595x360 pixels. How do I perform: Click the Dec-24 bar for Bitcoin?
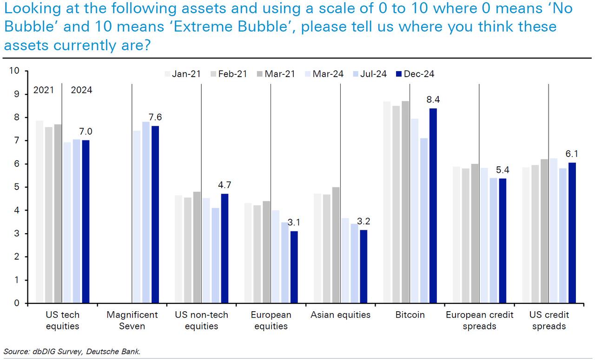coord(433,206)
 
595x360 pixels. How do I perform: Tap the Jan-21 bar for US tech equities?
coord(40,212)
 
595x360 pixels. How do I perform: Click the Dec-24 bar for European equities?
coord(294,267)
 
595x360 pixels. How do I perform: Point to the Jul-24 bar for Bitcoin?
coord(424,221)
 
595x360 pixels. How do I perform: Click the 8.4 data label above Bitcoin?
coord(433,99)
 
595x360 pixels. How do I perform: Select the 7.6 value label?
coord(155,117)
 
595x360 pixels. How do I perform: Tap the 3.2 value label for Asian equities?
coord(364,221)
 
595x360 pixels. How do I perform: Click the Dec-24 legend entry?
coord(415,74)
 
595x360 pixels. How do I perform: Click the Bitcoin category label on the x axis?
coord(410,315)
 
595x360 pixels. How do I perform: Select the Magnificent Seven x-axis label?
coord(132,320)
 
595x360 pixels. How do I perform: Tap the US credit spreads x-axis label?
coord(549,320)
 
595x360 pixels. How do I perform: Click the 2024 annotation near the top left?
coord(81,90)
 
